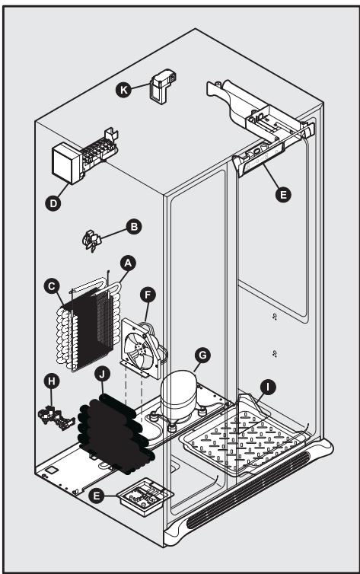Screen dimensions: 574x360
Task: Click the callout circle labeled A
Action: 128,263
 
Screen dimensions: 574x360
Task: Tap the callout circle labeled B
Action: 134,226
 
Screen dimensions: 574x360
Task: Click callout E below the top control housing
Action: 283,195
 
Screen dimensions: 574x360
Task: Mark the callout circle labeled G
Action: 202,354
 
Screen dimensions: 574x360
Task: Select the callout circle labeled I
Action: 268,387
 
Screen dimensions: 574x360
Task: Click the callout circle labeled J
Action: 102,374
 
